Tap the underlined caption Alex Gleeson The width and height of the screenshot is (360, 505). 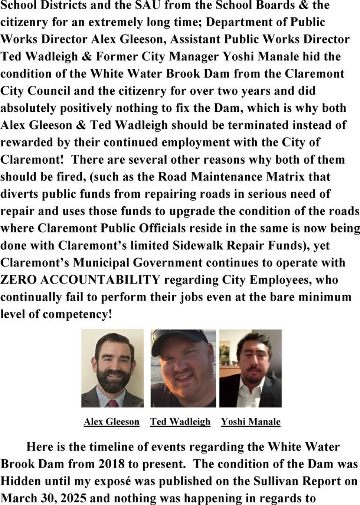111,422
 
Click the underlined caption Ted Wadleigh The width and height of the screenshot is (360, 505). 180,422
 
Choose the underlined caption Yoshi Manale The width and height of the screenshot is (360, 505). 251,422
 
